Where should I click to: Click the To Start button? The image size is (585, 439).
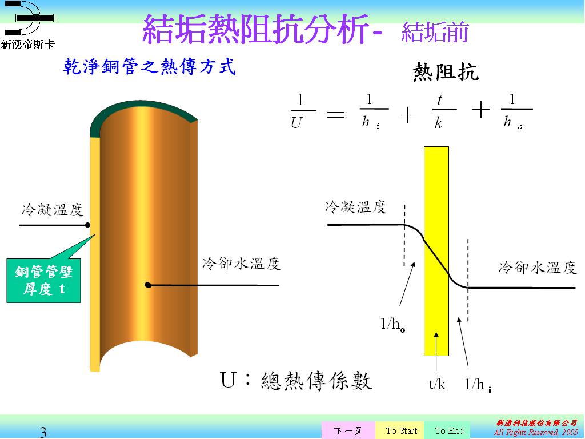tap(401, 430)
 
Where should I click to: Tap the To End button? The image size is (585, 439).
tap(450, 430)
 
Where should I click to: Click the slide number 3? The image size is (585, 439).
tap(43, 432)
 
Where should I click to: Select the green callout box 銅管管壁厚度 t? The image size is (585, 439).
tap(43, 280)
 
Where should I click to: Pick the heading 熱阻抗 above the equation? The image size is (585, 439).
tap(445, 71)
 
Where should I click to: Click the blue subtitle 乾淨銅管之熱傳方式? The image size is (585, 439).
tap(150, 66)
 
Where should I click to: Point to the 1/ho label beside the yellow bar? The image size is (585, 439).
tap(392, 324)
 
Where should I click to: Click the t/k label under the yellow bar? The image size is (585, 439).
tap(437, 384)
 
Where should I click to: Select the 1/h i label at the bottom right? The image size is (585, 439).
tap(478, 385)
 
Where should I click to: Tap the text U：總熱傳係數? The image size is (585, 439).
tap(296, 381)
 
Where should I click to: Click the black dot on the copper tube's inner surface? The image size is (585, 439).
tap(148, 285)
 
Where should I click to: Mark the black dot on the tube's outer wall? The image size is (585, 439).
tap(87, 225)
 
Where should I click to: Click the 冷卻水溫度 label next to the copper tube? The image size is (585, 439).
tap(241, 264)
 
